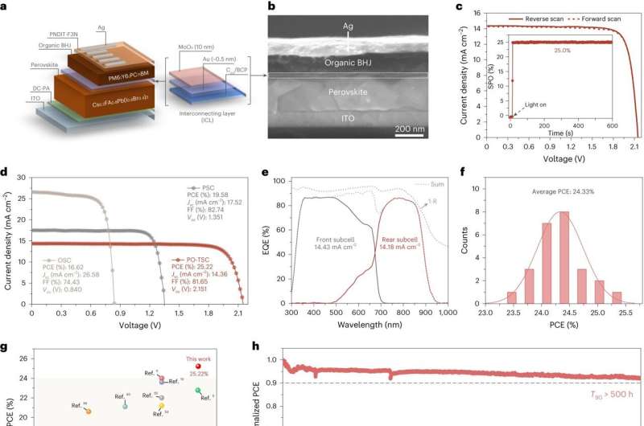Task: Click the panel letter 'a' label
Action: (6, 7)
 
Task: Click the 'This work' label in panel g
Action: (200, 338)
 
